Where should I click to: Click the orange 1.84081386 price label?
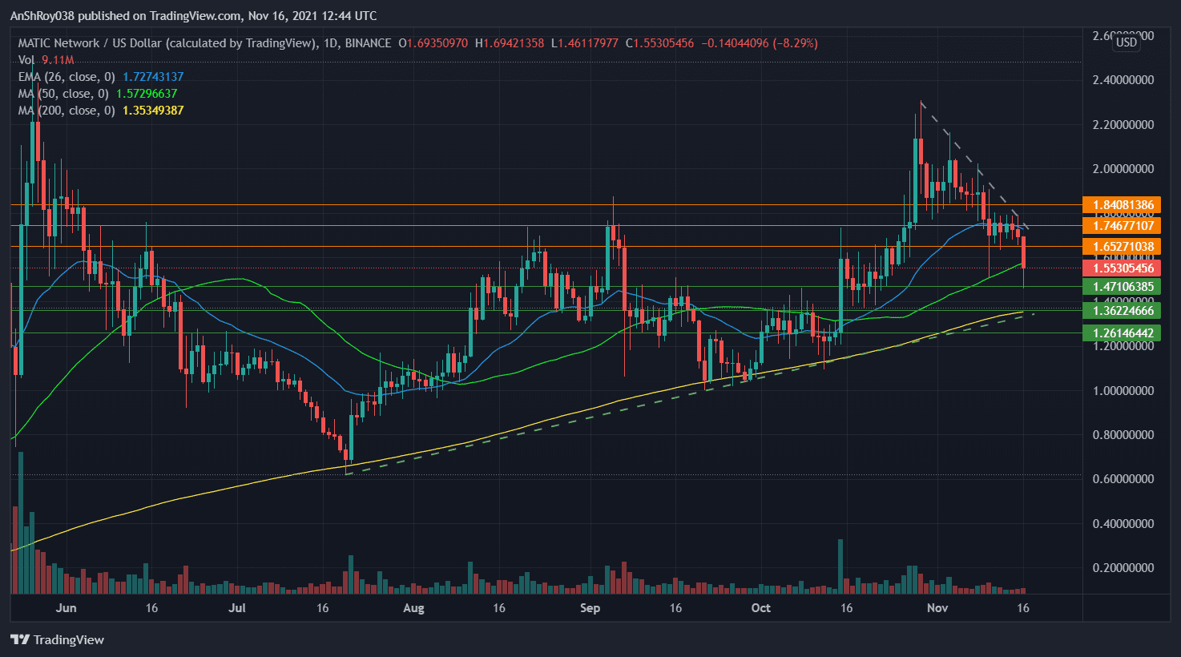coord(1121,205)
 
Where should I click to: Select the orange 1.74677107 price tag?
coord(1121,226)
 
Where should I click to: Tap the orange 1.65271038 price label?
coord(1121,247)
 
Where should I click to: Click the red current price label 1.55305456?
coord(1121,268)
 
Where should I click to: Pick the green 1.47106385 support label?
coord(1121,287)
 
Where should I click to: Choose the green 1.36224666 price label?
coord(1121,311)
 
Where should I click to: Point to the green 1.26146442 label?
coord(1121,333)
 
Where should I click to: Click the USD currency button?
coord(1127,42)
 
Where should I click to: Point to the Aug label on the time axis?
coord(413,608)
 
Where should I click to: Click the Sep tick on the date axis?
coord(590,608)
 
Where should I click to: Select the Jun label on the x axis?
coord(67,608)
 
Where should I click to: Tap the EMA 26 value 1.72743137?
coord(153,77)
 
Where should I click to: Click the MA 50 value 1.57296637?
coord(147,94)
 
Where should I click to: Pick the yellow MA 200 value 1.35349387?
coord(153,111)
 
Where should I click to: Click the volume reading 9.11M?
coord(58,60)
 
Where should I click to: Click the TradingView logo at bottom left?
coord(57,639)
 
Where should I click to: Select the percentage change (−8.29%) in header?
coord(796,43)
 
